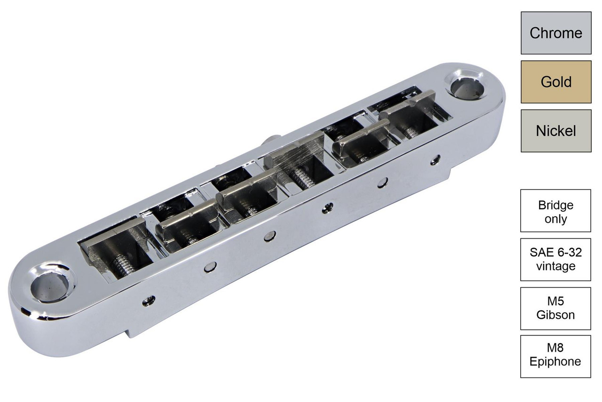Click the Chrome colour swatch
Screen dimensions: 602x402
(x=556, y=33)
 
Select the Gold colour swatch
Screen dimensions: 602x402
(x=556, y=82)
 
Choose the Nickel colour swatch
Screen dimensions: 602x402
(x=556, y=131)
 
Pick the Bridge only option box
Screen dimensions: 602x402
(x=555, y=211)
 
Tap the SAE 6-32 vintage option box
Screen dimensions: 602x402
(x=555, y=260)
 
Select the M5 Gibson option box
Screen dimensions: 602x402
(x=555, y=308)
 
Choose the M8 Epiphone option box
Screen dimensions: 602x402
(x=555, y=356)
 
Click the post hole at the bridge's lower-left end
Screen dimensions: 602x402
(x=52, y=285)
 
